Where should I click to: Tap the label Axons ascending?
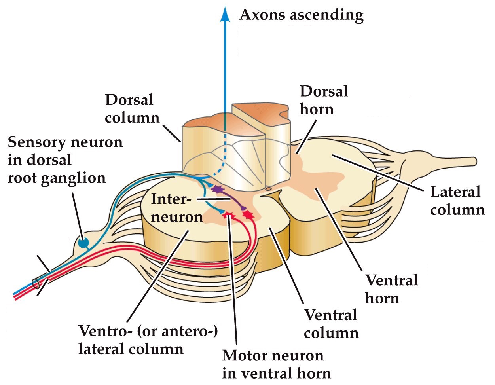[302, 15]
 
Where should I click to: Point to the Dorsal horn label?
[324, 100]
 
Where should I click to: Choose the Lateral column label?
[457, 201]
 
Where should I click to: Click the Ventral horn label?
[391, 289]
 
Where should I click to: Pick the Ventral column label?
[331, 324]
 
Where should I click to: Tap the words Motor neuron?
[273, 355]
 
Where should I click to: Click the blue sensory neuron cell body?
[83, 242]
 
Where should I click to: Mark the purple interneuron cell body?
[216, 190]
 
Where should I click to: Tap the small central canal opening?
[268, 190]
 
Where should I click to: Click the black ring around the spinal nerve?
[36, 283]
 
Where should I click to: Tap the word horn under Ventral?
[382, 298]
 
